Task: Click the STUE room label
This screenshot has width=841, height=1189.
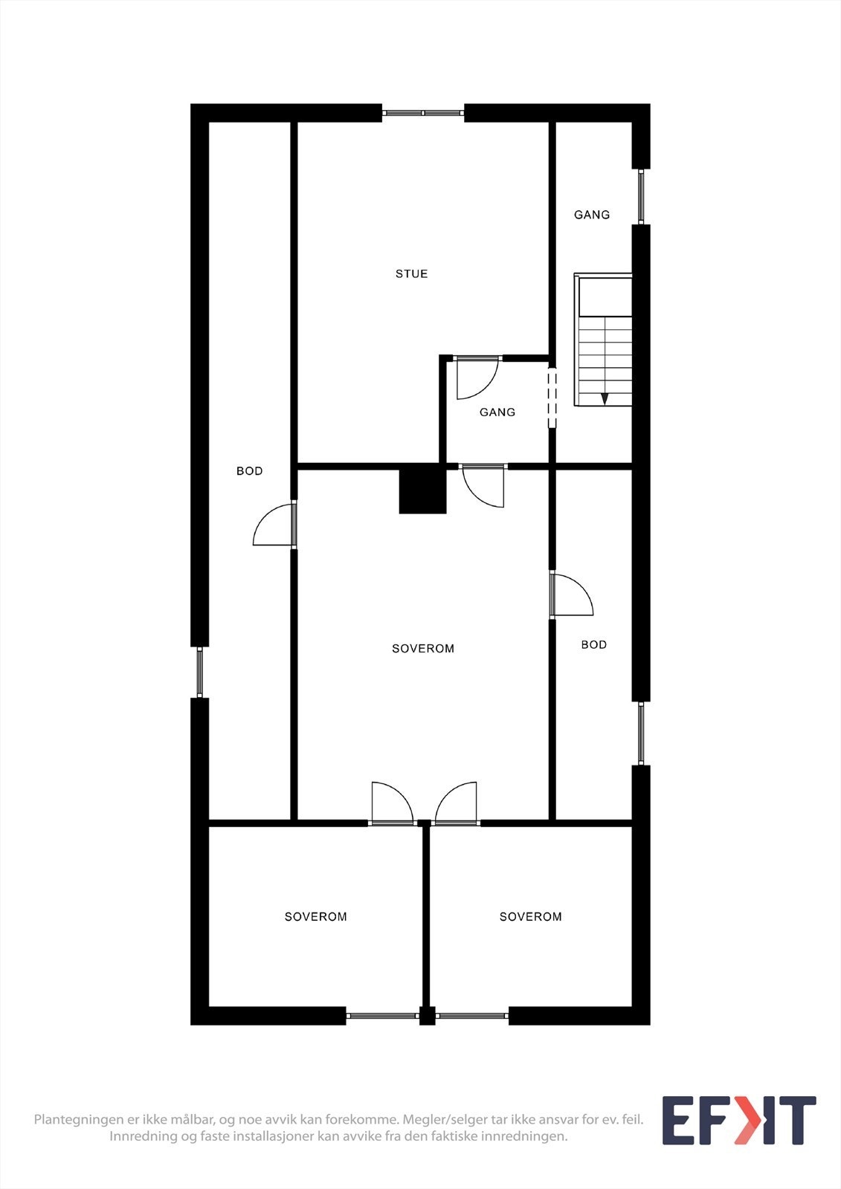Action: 411,274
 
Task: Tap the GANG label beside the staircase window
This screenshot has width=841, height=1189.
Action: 592,215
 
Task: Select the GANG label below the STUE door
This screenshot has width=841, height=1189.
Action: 497,412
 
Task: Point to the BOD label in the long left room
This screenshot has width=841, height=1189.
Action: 250,471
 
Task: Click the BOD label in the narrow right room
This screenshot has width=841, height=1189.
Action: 594,645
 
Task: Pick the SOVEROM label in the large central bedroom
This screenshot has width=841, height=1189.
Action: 423,649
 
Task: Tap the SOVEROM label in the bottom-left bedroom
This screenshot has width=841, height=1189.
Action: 316,917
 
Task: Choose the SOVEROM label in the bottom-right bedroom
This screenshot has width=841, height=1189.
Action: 531,917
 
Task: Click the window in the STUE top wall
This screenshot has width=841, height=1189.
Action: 423,113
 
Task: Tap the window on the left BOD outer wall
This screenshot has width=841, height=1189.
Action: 199,672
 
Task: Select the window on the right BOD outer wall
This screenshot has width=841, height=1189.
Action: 641,733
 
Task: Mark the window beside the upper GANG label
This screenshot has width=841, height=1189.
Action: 641,197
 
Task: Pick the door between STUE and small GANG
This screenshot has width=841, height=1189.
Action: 476,376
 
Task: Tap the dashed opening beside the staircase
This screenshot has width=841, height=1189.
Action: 552,398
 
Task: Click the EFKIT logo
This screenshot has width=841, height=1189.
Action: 738,1121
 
